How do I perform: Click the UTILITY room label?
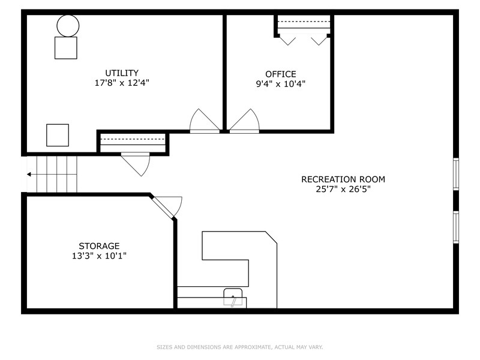[122, 73]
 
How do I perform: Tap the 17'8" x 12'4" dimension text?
[122, 83]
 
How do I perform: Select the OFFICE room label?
[281, 74]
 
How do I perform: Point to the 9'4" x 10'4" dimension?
[281, 84]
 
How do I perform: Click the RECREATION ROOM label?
[343, 179]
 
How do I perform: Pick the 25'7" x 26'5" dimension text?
[343, 189]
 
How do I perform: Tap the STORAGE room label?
[99, 246]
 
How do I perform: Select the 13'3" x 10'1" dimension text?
[99, 256]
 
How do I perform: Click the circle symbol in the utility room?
[68, 25]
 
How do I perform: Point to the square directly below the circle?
[66, 47]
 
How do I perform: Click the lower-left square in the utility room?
[58, 135]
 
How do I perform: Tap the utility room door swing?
[205, 121]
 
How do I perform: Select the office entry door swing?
[244, 121]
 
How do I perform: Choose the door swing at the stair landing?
[136, 163]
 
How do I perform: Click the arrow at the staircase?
[29, 175]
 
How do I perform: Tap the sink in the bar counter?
[233, 298]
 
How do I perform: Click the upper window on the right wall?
[456, 173]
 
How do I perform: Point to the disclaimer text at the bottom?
[240, 347]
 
